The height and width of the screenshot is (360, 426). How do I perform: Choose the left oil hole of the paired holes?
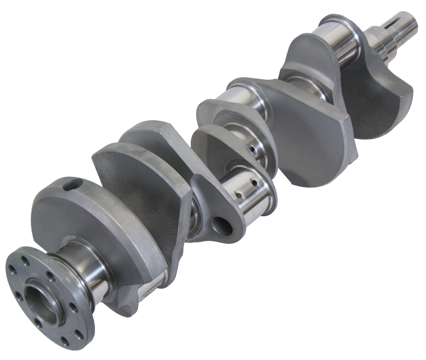[x=240, y=195]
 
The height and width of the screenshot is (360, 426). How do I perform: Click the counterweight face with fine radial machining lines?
[x=145, y=189]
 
